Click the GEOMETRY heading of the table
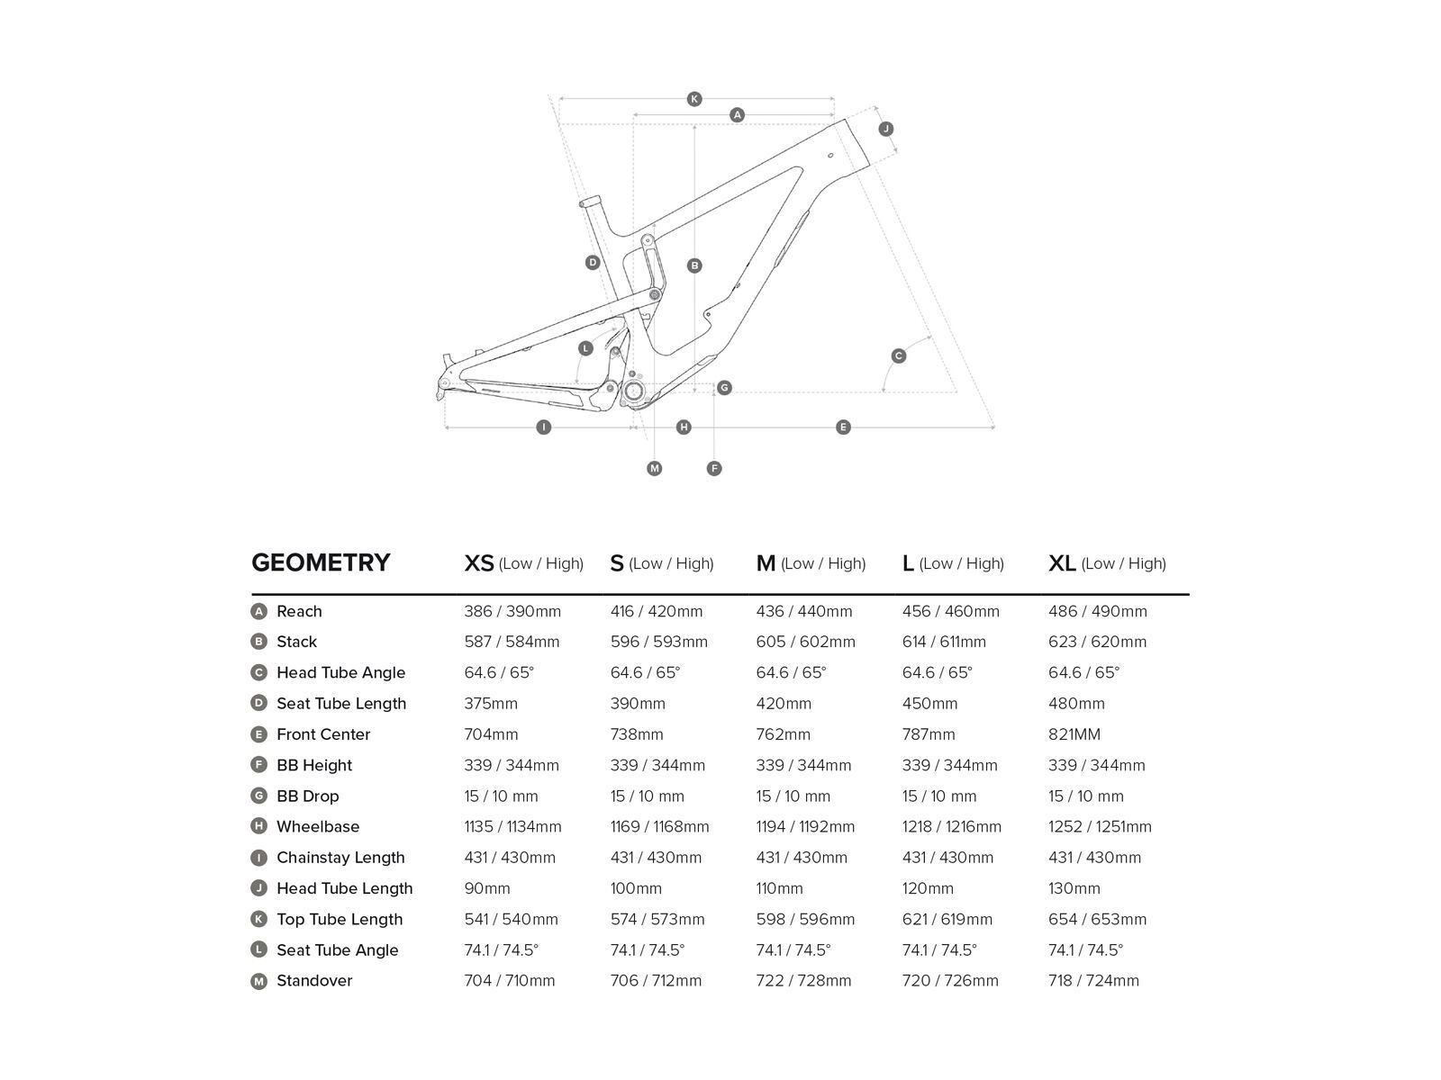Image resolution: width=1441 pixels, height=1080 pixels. (x=321, y=562)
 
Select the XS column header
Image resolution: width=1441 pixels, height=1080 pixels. (x=523, y=563)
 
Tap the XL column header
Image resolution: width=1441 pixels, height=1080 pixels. (x=1107, y=563)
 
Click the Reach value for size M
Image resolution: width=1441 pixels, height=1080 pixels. (x=804, y=611)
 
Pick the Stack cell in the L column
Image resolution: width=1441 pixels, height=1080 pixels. (x=944, y=642)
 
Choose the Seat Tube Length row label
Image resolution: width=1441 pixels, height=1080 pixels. (x=341, y=704)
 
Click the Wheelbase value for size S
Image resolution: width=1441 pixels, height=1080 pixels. (x=659, y=826)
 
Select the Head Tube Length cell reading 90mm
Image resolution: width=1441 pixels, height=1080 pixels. (x=487, y=888)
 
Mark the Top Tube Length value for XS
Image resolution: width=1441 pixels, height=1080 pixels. (x=511, y=919)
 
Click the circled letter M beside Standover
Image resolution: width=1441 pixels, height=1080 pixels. (x=259, y=981)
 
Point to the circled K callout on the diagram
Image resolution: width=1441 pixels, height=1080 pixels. (x=694, y=99)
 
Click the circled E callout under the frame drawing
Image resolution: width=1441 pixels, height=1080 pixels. (x=844, y=427)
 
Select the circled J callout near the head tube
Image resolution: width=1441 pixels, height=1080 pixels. (x=886, y=129)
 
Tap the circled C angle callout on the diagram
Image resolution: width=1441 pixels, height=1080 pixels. (x=899, y=356)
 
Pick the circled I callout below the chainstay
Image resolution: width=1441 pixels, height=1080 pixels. (x=543, y=427)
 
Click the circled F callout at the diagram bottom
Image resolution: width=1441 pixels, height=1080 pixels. (x=714, y=468)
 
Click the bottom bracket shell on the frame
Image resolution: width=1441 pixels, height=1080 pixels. (x=633, y=391)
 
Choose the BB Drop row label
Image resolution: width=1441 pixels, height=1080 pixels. (x=307, y=796)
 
